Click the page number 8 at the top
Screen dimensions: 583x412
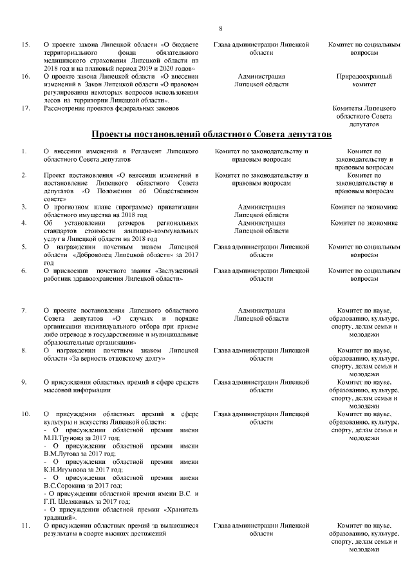coord(221,28)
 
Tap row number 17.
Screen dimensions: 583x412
coord(26,108)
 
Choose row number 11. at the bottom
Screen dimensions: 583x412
coord(26,526)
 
